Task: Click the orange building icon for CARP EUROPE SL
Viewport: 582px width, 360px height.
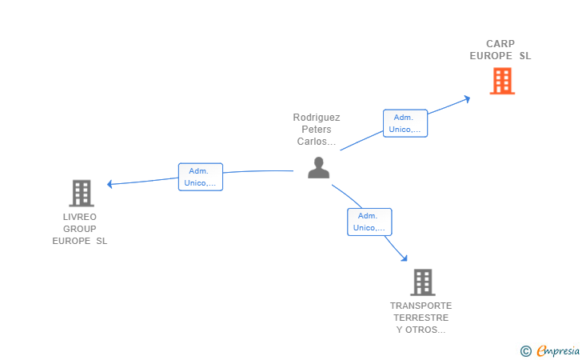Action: pyautogui.click(x=502, y=81)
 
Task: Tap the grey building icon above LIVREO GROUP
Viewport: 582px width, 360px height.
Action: pyautogui.click(x=82, y=193)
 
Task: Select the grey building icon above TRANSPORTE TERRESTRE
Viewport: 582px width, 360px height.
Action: pyautogui.click(x=423, y=282)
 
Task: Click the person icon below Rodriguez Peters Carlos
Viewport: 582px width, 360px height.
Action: pyautogui.click(x=318, y=167)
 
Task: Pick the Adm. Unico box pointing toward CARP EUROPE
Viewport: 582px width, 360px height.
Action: pyautogui.click(x=405, y=123)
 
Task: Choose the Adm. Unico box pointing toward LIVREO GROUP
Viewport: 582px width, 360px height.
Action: pyautogui.click(x=201, y=177)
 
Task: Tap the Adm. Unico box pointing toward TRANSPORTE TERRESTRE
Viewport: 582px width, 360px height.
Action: pyautogui.click(x=369, y=222)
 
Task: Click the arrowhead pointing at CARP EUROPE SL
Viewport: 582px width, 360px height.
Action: pyautogui.click(x=468, y=99)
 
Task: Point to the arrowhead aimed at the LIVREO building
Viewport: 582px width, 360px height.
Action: pyautogui.click(x=110, y=184)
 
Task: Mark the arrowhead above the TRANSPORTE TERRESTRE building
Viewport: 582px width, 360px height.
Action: pyautogui.click(x=405, y=258)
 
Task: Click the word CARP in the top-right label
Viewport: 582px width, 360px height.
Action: pyautogui.click(x=500, y=44)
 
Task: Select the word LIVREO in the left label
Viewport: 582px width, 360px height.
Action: pyautogui.click(x=80, y=217)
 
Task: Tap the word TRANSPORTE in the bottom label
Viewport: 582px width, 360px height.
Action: pyautogui.click(x=421, y=306)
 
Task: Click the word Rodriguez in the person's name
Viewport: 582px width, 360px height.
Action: pyautogui.click(x=317, y=118)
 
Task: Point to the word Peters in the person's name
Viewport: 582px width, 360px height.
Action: pyautogui.click(x=317, y=130)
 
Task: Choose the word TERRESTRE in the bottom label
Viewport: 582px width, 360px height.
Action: pyautogui.click(x=421, y=318)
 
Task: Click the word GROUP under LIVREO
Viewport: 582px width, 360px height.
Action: pyautogui.click(x=80, y=229)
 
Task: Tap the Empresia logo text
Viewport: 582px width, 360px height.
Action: pyautogui.click(x=558, y=351)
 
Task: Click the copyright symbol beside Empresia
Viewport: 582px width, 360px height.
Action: pyautogui.click(x=526, y=351)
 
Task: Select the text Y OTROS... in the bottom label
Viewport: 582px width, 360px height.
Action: pyautogui.click(x=421, y=330)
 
